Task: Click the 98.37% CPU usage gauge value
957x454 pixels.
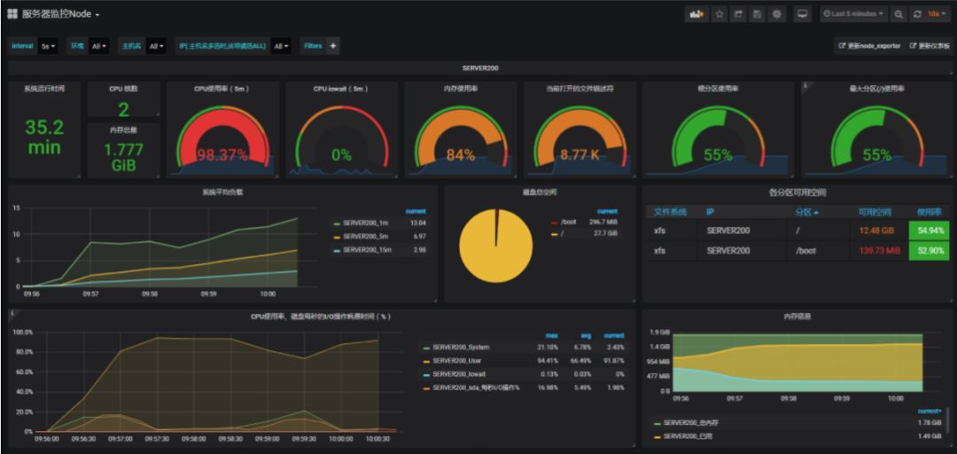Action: click(x=222, y=154)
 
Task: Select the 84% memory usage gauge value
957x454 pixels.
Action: click(x=460, y=154)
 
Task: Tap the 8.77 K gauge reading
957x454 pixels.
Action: click(x=580, y=154)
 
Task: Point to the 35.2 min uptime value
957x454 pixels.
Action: click(x=44, y=137)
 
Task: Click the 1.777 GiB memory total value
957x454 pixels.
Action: click(x=124, y=157)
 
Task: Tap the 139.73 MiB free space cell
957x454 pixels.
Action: click(x=878, y=251)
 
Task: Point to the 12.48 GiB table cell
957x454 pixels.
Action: click(x=878, y=230)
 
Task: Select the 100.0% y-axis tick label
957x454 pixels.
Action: click(x=22, y=333)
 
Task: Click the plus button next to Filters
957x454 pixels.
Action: click(x=333, y=46)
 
